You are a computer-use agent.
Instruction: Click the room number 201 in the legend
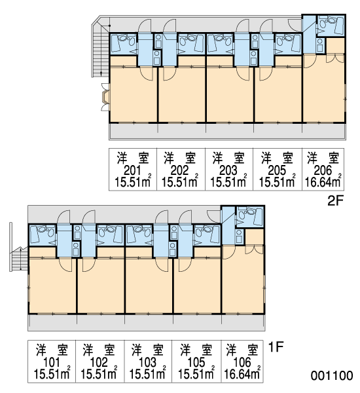coord(132,171)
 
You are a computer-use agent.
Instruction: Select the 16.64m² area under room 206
coord(323,181)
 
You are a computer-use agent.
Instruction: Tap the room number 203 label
coord(228,171)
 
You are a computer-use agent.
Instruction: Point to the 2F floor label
coord(335,201)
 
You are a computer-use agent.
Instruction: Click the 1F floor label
coord(276,347)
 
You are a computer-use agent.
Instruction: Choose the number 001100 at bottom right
coord(332,376)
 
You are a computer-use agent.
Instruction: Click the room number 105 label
coord(196,362)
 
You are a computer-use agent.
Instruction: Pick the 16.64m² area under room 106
coord(242,373)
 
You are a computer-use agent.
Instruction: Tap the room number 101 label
coord(52,362)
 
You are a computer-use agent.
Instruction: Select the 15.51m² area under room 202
coord(180,181)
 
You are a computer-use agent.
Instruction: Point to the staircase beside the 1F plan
coord(19,259)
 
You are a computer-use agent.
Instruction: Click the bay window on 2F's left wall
coord(105,97)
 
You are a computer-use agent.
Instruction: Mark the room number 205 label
coord(277,171)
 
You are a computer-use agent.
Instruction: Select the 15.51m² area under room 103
coord(147,373)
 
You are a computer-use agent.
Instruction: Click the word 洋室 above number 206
coord(323,158)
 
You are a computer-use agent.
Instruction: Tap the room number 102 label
coord(99,362)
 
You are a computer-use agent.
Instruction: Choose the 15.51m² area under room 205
coord(277,181)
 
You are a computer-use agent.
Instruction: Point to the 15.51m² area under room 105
coord(196,373)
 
